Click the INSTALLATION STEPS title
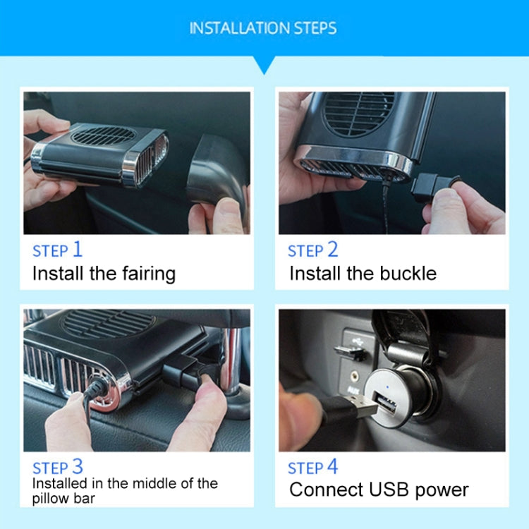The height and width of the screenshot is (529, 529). click(x=263, y=28)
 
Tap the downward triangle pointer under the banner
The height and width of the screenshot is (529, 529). click(x=264, y=65)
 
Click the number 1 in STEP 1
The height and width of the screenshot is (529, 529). click(x=77, y=249)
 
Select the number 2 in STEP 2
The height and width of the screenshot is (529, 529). click(x=332, y=249)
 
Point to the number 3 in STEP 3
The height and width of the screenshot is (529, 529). click(x=77, y=466)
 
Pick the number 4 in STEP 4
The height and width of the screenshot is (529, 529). click(x=332, y=466)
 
